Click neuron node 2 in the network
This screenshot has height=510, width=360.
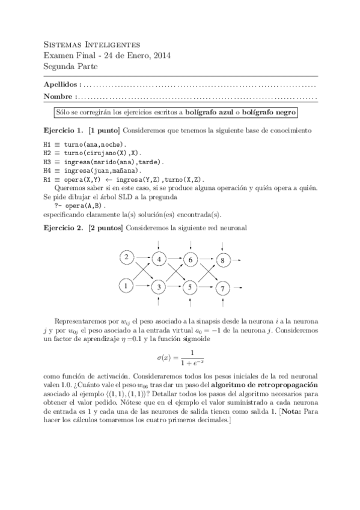pyautogui.click(x=126, y=258)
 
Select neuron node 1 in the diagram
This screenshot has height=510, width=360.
pyautogui.click(x=126, y=286)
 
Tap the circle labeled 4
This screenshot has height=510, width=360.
pyautogui.click(x=159, y=260)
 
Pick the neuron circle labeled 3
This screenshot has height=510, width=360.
pyautogui.click(x=159, y=287)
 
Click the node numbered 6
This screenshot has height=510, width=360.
pyautogui.click(x=191, y=260)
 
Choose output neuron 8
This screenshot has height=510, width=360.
pyautogui.click(x=222, y=260)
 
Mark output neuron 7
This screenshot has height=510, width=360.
pyautogui.click(x=222, y=287)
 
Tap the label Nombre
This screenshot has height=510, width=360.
pyautogui.click(x=59, y=96)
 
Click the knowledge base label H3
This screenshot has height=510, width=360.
pyautogui.click(x=47, y=162)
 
